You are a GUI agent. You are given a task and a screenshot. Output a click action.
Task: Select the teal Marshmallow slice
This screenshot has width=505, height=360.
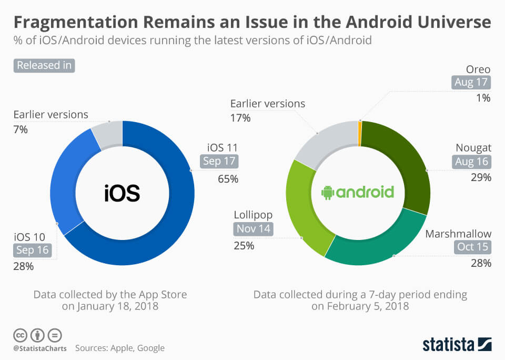(x=373, y=247)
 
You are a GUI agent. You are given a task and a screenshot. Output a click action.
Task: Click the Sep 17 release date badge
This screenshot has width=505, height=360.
(x=219, y=162)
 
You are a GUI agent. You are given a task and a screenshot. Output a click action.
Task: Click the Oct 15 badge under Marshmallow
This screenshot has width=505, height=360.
(x=473, y=246)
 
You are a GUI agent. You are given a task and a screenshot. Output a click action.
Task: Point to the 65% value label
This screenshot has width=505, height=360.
(x=228, y=179)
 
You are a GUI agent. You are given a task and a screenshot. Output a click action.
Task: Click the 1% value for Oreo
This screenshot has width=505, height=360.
(x=483, y=97)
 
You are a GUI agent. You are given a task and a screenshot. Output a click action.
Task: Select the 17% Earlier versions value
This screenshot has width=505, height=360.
(x=240, y=118)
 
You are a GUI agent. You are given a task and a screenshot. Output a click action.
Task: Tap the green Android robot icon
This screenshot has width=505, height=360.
(x=328, y=193)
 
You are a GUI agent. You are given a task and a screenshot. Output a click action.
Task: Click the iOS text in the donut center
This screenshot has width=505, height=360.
(x=122, y=193)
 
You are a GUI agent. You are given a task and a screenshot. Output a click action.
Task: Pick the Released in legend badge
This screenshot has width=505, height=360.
(x=45, y=66)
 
